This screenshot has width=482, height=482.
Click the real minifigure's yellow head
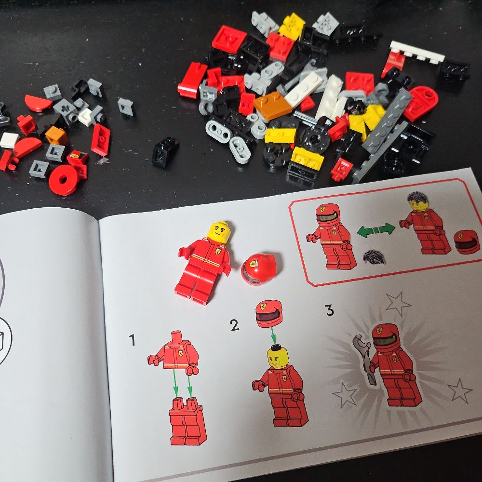click(x=219, y=233)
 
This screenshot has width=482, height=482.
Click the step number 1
click(x=132, y=340)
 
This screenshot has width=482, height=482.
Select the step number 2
click(x=235, y=325)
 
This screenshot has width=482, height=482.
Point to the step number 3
click(x=329, y=310)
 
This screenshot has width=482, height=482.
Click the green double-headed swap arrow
click(x=376, y=229)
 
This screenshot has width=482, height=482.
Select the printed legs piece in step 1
click(x=187, y=421)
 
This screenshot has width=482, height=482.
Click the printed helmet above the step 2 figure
click(x=268, y=314)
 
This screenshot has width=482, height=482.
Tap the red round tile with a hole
click(x=64, y=180)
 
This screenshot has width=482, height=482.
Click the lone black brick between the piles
click(x=165, y=152)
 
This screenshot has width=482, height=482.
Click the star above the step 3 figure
click(x=398, y=303)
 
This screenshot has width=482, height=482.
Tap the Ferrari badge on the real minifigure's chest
click(x=218, y=251)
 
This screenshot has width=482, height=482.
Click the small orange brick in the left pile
click(x=56, y=135)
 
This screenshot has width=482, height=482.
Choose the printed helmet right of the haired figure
click(x=466, y=241)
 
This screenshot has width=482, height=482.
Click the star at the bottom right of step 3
click(x=459, y=391)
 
